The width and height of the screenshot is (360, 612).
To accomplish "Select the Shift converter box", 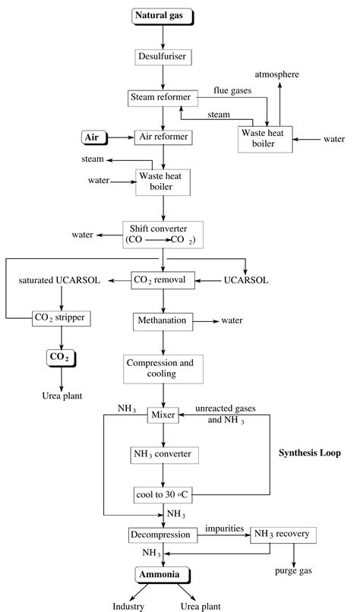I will point(164,235).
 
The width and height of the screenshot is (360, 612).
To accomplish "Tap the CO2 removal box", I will point(164,280).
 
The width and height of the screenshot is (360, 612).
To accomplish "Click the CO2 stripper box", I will point(62,317).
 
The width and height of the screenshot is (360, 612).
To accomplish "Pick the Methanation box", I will point(162,320).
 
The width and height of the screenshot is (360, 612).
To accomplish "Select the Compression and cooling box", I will point(164,368).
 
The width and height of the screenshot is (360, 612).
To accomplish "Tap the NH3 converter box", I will point(164,454).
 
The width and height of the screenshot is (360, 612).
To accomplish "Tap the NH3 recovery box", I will point(281,535).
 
